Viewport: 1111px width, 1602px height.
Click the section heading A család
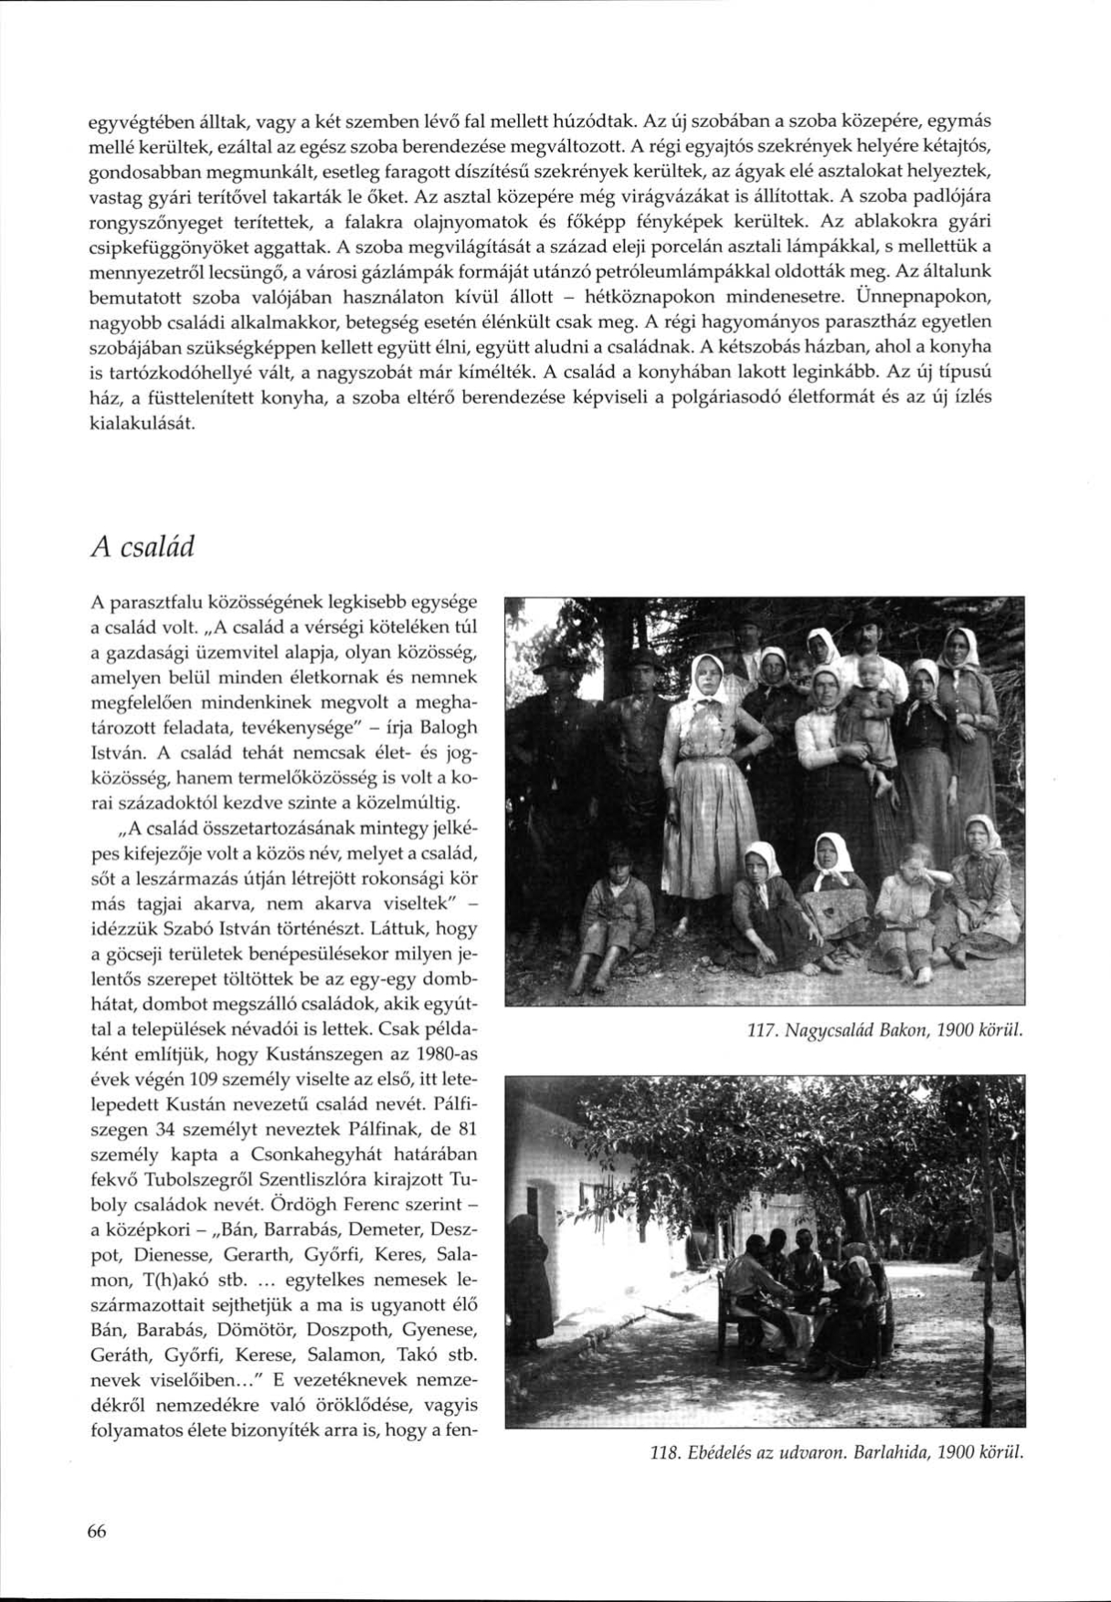coord(144,549)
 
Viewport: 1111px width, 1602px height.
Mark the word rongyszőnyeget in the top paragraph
coord(153,221)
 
